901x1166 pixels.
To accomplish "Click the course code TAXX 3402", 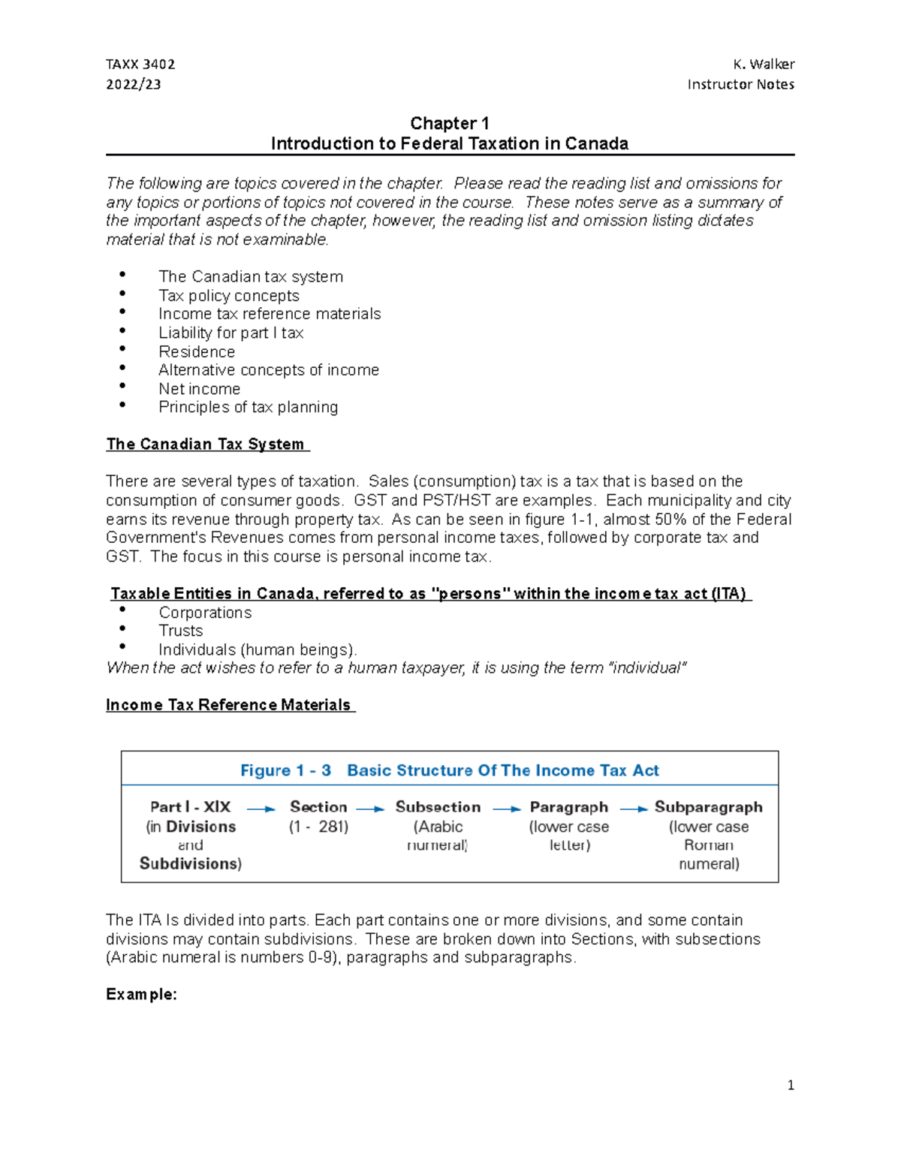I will coord(140,65).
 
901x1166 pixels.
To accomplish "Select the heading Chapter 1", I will coord(449,123).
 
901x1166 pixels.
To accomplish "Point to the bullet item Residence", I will coord(197,351).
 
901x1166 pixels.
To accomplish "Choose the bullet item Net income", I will coord(199,389).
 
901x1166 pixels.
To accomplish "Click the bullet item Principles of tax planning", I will coord(248,407).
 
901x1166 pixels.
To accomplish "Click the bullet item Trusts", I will coord(180,631).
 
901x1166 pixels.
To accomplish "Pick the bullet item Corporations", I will coord(205,613).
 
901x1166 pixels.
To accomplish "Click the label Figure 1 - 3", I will coord(285,770).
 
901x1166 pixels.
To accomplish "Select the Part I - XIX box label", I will coord(190,807).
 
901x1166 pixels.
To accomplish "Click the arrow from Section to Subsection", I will coord(370,809).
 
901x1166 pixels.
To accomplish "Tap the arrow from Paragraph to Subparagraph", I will coord(633,809).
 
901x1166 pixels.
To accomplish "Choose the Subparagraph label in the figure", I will coord(708,807).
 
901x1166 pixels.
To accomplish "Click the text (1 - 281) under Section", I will coord(318,827).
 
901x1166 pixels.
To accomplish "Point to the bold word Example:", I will coord(141,994).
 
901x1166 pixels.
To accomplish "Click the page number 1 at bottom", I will coord(790,1085).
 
